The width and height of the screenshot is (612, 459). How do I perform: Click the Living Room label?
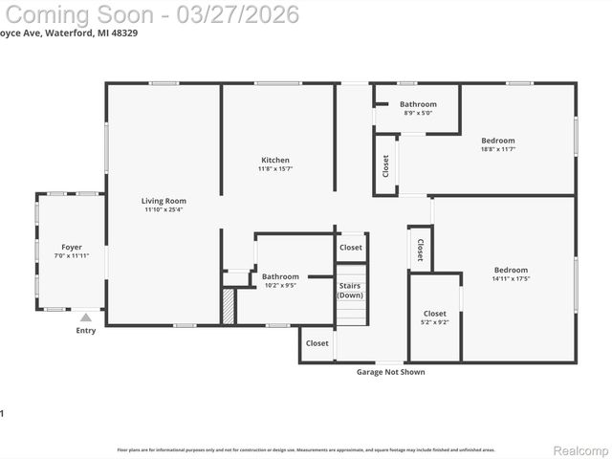pyautogui.click(x=164, y=201)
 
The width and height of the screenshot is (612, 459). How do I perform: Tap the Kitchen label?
pyautogui.click(x=275, y=160)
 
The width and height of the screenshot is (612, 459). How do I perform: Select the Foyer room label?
pyautogui.click(x=72, y=247)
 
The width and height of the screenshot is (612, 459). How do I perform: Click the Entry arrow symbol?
pyautogui.click(x=86, y=317)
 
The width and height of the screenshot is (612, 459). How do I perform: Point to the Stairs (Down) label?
pyautogui.click(x=350, y=290)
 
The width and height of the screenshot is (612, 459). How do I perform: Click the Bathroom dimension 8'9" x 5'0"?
pyautogui.click(x=418, y=113)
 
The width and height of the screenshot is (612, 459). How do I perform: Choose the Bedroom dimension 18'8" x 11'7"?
pyautogui.click(x=497, y=149)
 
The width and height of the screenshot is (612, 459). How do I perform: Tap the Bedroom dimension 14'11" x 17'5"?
pyautogui.click(x=511, y=279)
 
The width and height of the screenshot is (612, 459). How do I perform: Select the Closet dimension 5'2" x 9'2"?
pyautogui.click(x=434, y=322)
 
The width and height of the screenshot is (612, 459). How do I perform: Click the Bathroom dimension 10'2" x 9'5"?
pyautogui.click(x=280, y=285)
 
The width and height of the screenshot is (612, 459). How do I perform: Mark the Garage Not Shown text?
pyautogui.click(x=390, y=372)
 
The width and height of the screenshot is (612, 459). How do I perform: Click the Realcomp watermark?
pyautogui.click(x=581, y=449)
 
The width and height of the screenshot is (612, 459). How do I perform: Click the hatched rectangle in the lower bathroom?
pyautogui.click(x=229, y=306)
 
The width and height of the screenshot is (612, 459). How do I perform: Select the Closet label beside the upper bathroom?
pyautogui.click(x=385, y=165)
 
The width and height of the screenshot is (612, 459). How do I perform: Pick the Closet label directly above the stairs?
pyautogui.click(x=351, y=247)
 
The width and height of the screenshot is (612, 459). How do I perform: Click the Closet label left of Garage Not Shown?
pyautogui.click(x=317, y=342)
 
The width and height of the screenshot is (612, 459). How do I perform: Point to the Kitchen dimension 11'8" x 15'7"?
pyautogui.click(x=275, y=169)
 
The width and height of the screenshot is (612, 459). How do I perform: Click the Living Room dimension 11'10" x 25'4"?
pyautogui.click(x=164, y=210)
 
